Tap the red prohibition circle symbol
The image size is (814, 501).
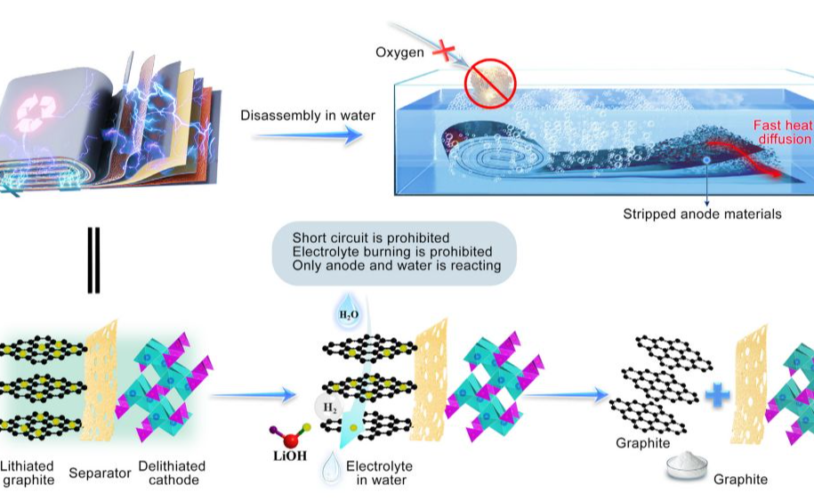tap(489, 82)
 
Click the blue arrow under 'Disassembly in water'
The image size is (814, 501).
tap(309, 135)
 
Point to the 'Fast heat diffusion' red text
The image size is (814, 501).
tap(783, 133)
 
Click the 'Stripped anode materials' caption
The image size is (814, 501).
tap(703, 214)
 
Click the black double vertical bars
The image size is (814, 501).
tap(93, 260)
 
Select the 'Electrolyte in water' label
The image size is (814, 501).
tap(376, 473)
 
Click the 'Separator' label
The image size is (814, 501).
tap(100, 473)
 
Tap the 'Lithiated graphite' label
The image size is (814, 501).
tap(28, 473)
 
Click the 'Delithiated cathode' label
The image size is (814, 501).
tap(172, 473)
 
